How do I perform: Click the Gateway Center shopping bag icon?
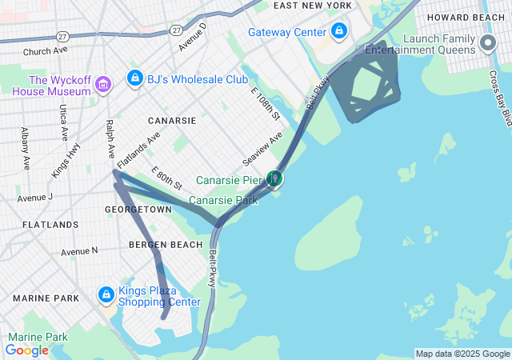pos(339,32)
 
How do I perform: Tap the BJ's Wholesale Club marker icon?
pos(135,79)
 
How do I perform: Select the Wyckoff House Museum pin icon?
pos(102,85)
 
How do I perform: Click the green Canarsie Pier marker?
pos(274,178)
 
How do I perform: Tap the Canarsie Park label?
pos(223,200)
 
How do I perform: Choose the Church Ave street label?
pos(46,51)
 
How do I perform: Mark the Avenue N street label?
pos(79,251)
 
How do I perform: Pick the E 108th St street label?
pos(266,105)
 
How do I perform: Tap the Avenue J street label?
pos(34,197)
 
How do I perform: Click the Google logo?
pos(27,350)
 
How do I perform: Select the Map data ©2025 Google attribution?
pos(462,354)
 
